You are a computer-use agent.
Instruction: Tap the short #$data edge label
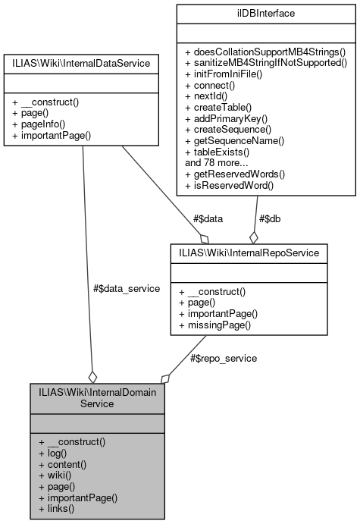208,218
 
